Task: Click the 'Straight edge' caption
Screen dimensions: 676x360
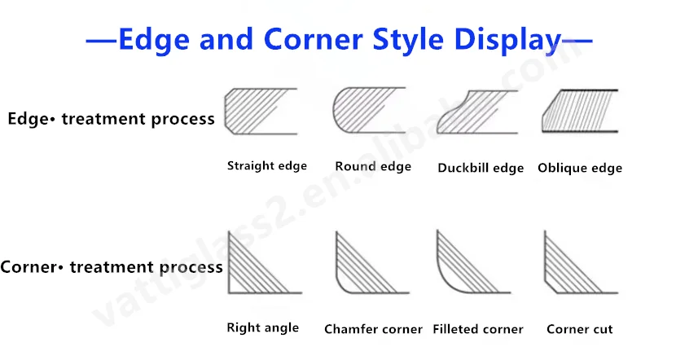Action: tap(267, 166)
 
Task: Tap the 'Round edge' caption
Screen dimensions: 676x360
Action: tap(373, 166)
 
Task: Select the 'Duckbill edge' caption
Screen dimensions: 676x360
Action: tap(481, 168)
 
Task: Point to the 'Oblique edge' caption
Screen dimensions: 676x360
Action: tap(580, 168)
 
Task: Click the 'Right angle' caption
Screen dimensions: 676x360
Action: tap(262, 327)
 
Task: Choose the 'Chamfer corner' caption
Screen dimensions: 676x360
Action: tap(373, 329)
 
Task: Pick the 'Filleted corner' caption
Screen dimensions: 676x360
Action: tap(478, 329)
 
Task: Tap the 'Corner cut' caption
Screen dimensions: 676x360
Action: tap(580, 329)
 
